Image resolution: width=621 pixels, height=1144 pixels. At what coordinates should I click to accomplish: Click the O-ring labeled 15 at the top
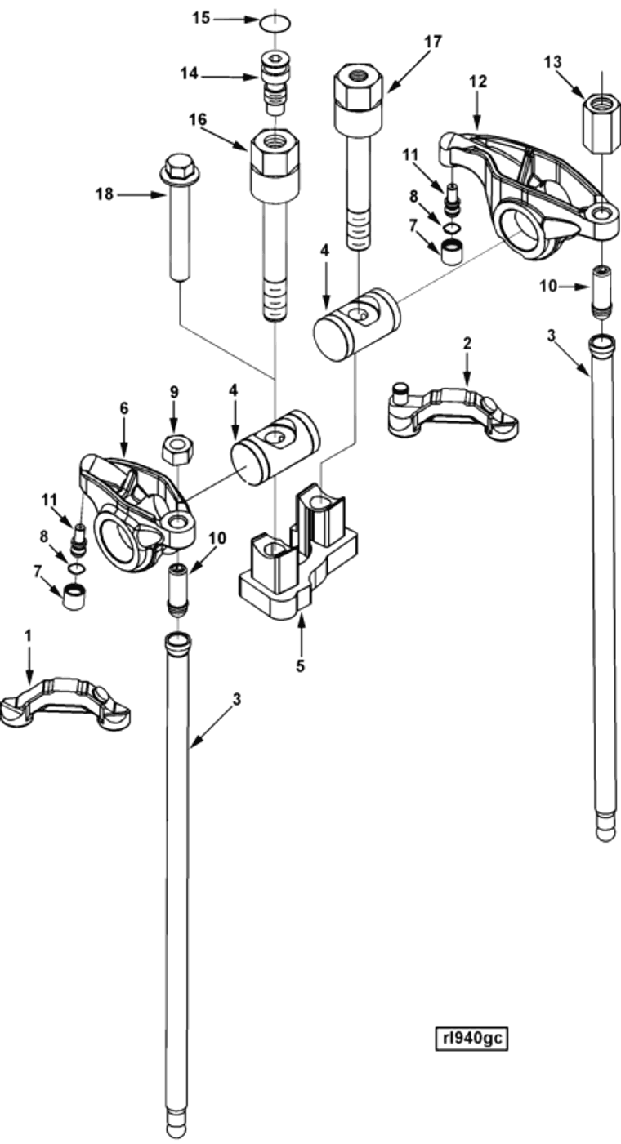[275, 24]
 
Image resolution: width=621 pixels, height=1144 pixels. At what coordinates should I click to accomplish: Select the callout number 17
[432, 42]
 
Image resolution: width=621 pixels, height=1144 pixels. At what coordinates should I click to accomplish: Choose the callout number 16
[198, 119]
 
